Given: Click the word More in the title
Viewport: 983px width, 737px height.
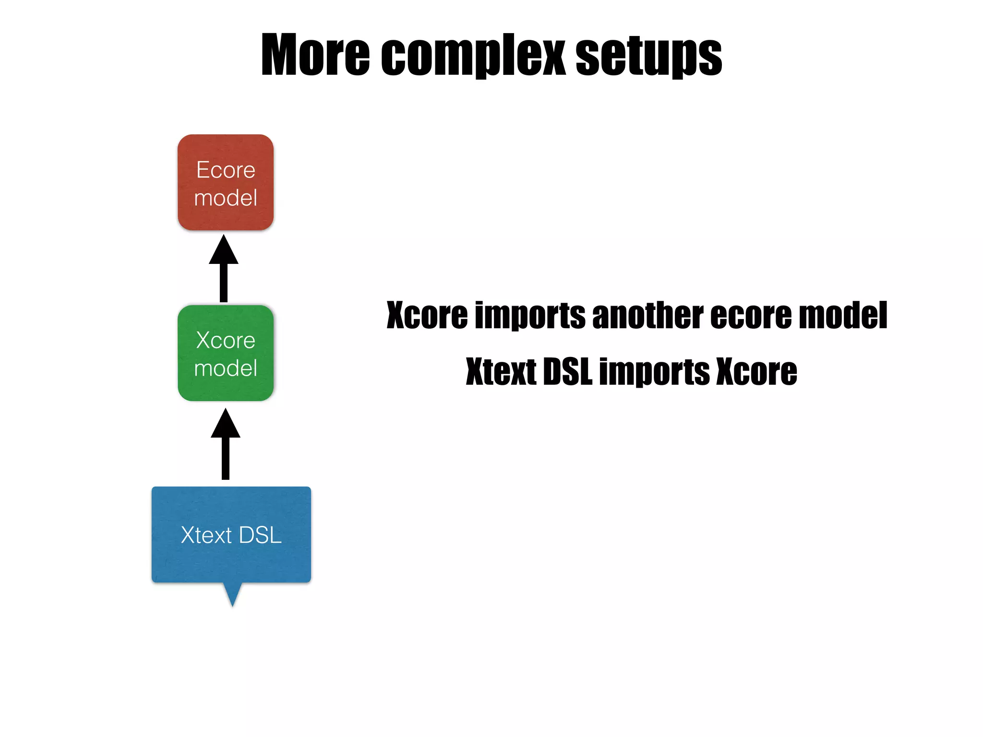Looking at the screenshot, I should pyautogui.click(x=315, y=55).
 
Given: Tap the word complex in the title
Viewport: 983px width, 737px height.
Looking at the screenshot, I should pyautogui.click(x=473, y=55).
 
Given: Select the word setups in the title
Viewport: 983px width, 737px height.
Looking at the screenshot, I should pyautogui.click(x=648, y=55).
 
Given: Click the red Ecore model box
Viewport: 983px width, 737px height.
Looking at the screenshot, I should pyautogui.click(x=226, y=182).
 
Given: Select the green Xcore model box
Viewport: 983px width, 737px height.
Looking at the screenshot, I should pyautogui.click(x=226, y=353).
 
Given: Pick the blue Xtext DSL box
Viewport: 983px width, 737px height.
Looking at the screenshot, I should pyautogui.click(x=231, y=535).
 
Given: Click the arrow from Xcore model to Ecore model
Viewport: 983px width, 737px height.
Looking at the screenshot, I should pyautogui.click(x=224, y=269).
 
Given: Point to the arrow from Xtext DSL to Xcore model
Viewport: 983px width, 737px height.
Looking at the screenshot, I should pyautogui.click(x=226, y=444).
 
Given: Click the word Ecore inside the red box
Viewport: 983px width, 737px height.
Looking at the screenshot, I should pyautogui.click(x=226, y=170).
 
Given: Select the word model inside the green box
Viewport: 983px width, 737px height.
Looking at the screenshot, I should pyautogui.click(x=226, y=368).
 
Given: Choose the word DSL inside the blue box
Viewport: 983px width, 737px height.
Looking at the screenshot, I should pyautogui.click(x=260, y=535).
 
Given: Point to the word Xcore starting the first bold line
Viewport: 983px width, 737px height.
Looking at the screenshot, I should pyautogui.click(x=427, y=316).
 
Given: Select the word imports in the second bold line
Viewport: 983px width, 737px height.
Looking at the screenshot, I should pyautogui.click(x=654, y=372).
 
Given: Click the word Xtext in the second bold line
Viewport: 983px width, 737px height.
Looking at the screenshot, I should pyautogui.click(x=501, y=372).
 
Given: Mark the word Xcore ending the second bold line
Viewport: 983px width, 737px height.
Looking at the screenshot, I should pyautogui.click(x=756, y=372).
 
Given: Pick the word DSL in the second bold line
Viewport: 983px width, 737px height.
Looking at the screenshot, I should pyautogui.click(x=568, y=372).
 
